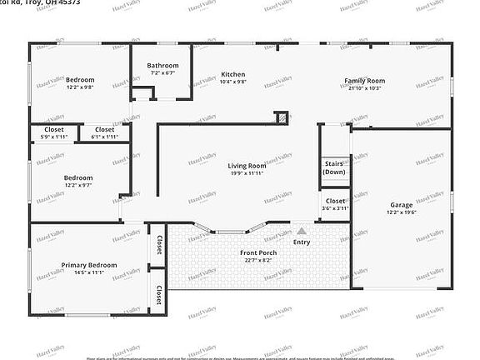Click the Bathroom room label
tap(162, 66)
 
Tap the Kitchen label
tap(232, 74)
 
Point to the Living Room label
tap(247, 166)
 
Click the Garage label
tap(402, 205)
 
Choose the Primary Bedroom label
tap(89, 265)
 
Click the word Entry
tap(301, 242)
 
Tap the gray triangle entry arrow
tap(301, 231)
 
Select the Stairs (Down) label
tap(334, 167)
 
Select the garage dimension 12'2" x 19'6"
tap(402, 212)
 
